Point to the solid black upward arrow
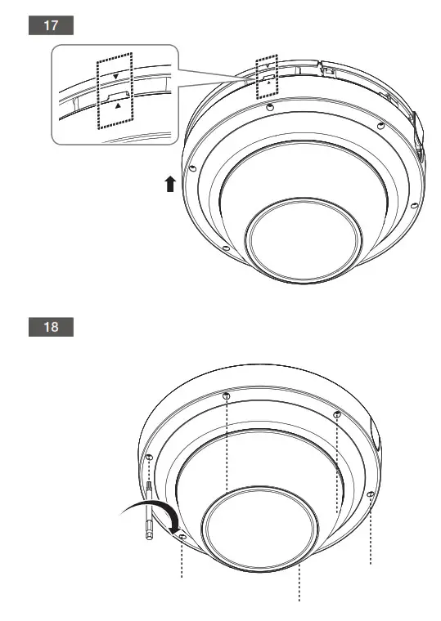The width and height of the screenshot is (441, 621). (170, 184)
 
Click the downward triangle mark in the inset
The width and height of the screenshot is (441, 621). (115, 76)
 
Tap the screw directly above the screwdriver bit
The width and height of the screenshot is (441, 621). (150, 459)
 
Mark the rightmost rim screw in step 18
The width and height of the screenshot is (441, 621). (371, 494)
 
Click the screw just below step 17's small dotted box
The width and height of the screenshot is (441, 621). (270, 106)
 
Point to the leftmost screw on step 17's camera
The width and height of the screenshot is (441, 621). (191, 169)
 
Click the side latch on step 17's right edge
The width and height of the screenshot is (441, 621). (417, 131)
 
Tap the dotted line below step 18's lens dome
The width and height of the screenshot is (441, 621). (299, 583)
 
